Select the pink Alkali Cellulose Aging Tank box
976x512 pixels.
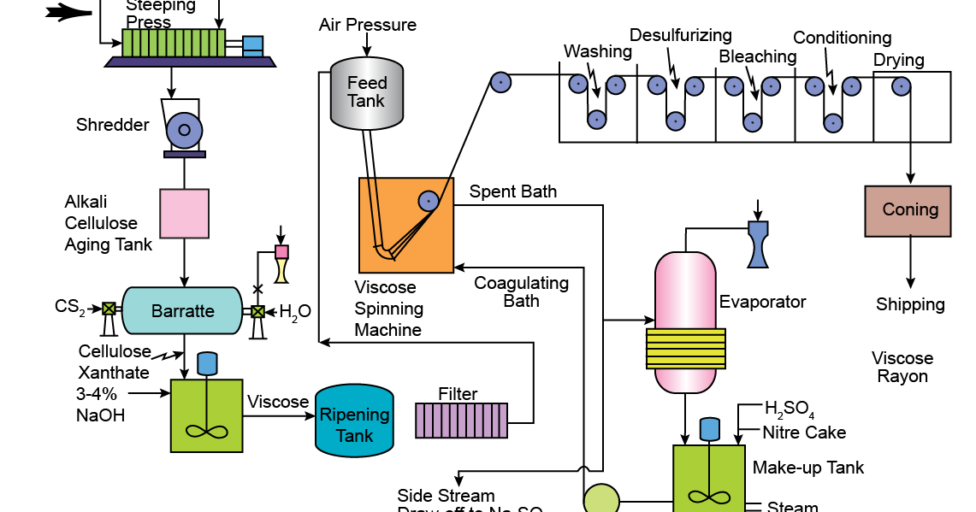[x=184, y=213]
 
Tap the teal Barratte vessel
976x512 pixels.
[x=182, y=310]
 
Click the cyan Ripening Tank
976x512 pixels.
[x=354, y=421]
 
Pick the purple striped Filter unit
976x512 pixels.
[x=460, y=420]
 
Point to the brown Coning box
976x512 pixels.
[x=908, y=211]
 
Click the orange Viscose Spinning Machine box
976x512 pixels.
[x=405, y=226]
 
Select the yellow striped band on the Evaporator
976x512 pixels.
[x=684, y=349]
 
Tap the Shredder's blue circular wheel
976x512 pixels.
[x=184, y=130]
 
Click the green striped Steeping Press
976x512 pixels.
[x=174, y=42]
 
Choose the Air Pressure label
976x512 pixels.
[x=368, y=25]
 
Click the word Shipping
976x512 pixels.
[x=910, y=304]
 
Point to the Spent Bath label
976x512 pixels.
[x=512, y=191]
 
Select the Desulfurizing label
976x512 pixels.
[x=681, y=35]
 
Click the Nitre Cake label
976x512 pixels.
[x=804, y=433]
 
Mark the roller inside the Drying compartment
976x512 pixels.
[x=901, y=85]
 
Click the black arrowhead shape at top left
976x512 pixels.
[x=69, y=12]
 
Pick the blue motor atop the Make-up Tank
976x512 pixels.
[x=709, y=428]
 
